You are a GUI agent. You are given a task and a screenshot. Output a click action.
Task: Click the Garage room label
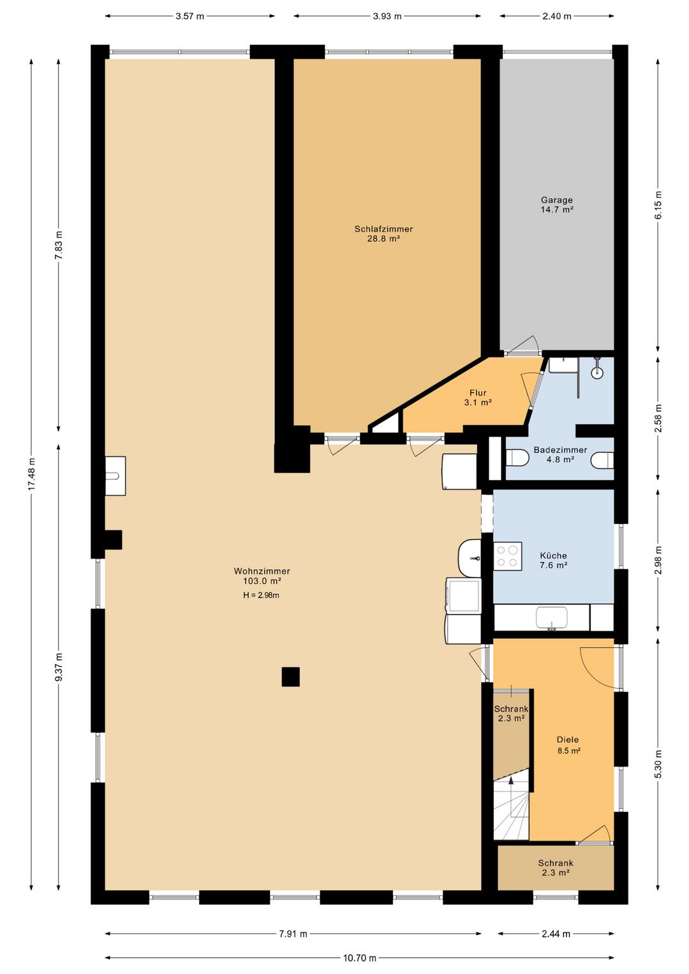(556, 205)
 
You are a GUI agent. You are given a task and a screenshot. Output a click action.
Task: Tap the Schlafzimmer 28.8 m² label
(383, 234)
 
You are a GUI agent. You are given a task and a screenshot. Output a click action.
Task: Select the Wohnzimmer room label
(262, 576)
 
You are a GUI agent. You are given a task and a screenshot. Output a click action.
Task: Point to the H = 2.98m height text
(261, 596)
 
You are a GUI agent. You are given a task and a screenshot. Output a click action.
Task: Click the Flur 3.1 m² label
(478, 398)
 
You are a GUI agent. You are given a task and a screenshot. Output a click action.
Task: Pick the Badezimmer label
(560, 454)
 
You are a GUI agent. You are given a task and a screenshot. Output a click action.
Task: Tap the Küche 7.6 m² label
(553, 560)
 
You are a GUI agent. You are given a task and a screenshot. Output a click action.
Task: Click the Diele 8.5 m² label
(568, 745)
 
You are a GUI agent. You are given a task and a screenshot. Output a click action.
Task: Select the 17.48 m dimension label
(31, 474)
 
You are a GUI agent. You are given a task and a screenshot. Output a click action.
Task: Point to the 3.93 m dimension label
(387, 17)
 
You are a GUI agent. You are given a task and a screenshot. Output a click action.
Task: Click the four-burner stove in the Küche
(508, 556)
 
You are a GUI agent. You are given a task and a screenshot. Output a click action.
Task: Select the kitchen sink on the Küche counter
(552, 618)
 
